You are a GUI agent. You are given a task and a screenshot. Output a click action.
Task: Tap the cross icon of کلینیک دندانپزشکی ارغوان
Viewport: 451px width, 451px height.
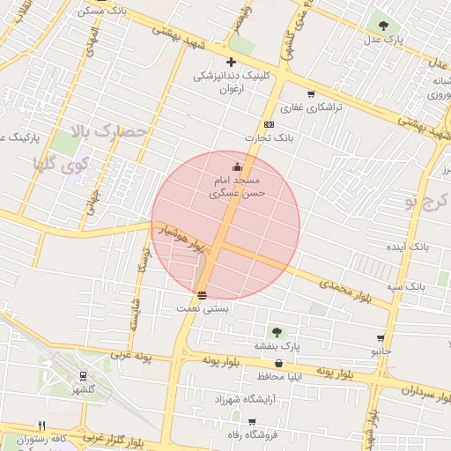pyautogui.click(x=231, y=62)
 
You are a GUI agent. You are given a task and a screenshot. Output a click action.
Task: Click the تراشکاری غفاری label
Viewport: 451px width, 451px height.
pyautogui.click(x=304, y=107)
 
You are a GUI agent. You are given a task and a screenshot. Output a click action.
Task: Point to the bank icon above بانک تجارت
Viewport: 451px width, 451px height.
pyautogui.click(x=269, y=124)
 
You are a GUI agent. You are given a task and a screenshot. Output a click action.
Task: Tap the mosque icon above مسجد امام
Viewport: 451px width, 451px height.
pyautogui.click(x=235, y=166)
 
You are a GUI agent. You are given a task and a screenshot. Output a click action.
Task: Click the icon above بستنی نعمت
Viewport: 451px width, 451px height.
pyautogui.click(x=203, y=295)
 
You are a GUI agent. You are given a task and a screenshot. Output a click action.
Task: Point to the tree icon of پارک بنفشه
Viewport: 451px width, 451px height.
pyautogui.click(x=277, y=332)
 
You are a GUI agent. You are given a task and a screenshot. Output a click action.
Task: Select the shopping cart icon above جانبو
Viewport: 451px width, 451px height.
pyautogui.click(x=381, y=338)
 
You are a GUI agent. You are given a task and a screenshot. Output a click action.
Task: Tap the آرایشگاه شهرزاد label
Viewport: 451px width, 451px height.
pyautogui.click(x=246, y=399)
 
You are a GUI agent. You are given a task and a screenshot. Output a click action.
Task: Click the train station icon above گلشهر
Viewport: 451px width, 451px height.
pyautogui.click(x=84, y=376)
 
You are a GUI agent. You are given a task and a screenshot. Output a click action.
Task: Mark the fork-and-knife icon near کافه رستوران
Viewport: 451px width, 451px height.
pyautogui.click(x=41, y=425)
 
